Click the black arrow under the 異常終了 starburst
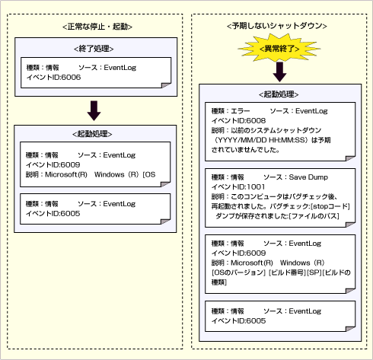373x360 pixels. (279, 72)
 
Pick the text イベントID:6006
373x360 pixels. (50, 78)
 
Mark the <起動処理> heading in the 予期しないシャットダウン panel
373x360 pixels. (279, 94)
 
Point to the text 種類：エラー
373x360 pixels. (231, 111)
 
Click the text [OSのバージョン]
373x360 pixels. (237, 272)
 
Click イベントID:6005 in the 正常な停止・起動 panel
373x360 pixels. (50, 213)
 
